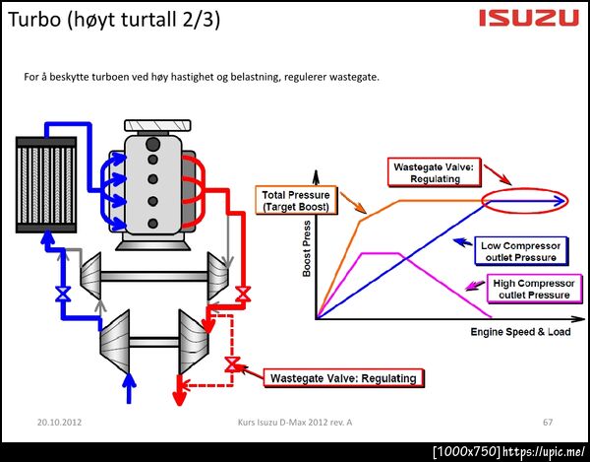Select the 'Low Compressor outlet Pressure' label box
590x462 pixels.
tap(522, 250)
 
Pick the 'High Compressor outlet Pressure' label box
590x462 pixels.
tap(531, 289)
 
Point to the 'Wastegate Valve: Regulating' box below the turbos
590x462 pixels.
tap(343, 377)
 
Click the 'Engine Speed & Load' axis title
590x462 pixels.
tap(521, 332)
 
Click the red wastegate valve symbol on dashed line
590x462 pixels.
tap(232, 365)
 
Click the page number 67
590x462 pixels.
tap(548, 422)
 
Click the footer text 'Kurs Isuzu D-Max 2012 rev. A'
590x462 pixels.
tap(295, 422)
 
